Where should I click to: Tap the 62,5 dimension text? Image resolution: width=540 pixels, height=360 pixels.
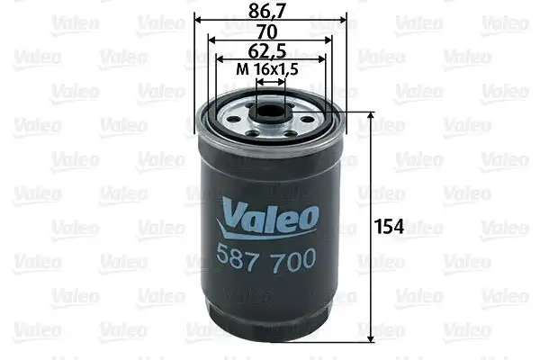click(270, 50)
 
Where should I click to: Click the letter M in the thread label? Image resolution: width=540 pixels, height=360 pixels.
click(240, 68)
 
